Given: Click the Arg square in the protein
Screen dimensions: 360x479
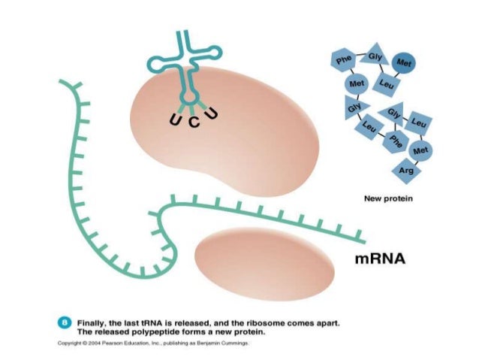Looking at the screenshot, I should [x=406, y=171].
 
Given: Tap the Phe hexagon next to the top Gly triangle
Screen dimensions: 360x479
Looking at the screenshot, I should [x=344, y=59].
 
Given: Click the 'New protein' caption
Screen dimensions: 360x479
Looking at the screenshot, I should [x=388, y=199].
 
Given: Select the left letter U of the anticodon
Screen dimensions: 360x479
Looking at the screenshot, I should [x=174, y=118].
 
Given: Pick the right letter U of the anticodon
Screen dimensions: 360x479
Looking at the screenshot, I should [x=212, y=113].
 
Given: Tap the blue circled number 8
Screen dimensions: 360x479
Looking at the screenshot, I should [x=65, y=322].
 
